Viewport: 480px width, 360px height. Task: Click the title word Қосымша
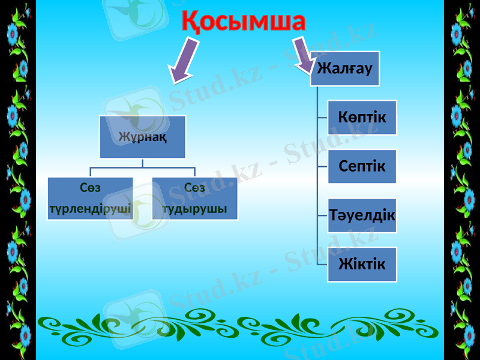[244, 22]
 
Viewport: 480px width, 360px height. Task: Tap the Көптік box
[362, 117]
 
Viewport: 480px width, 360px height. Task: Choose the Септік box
[362, 166]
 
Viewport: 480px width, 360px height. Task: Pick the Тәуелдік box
[362, 215]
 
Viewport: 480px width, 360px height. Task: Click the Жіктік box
[362, 264]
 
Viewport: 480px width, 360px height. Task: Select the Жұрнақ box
[143, 137]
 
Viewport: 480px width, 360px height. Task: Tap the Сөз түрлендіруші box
[90, 199]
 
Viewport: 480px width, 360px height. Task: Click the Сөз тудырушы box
[195, 199]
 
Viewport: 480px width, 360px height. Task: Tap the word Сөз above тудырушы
[195, 188]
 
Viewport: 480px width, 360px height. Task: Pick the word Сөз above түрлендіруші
[90, 188]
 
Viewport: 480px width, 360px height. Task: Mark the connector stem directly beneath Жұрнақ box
[143, 163]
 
